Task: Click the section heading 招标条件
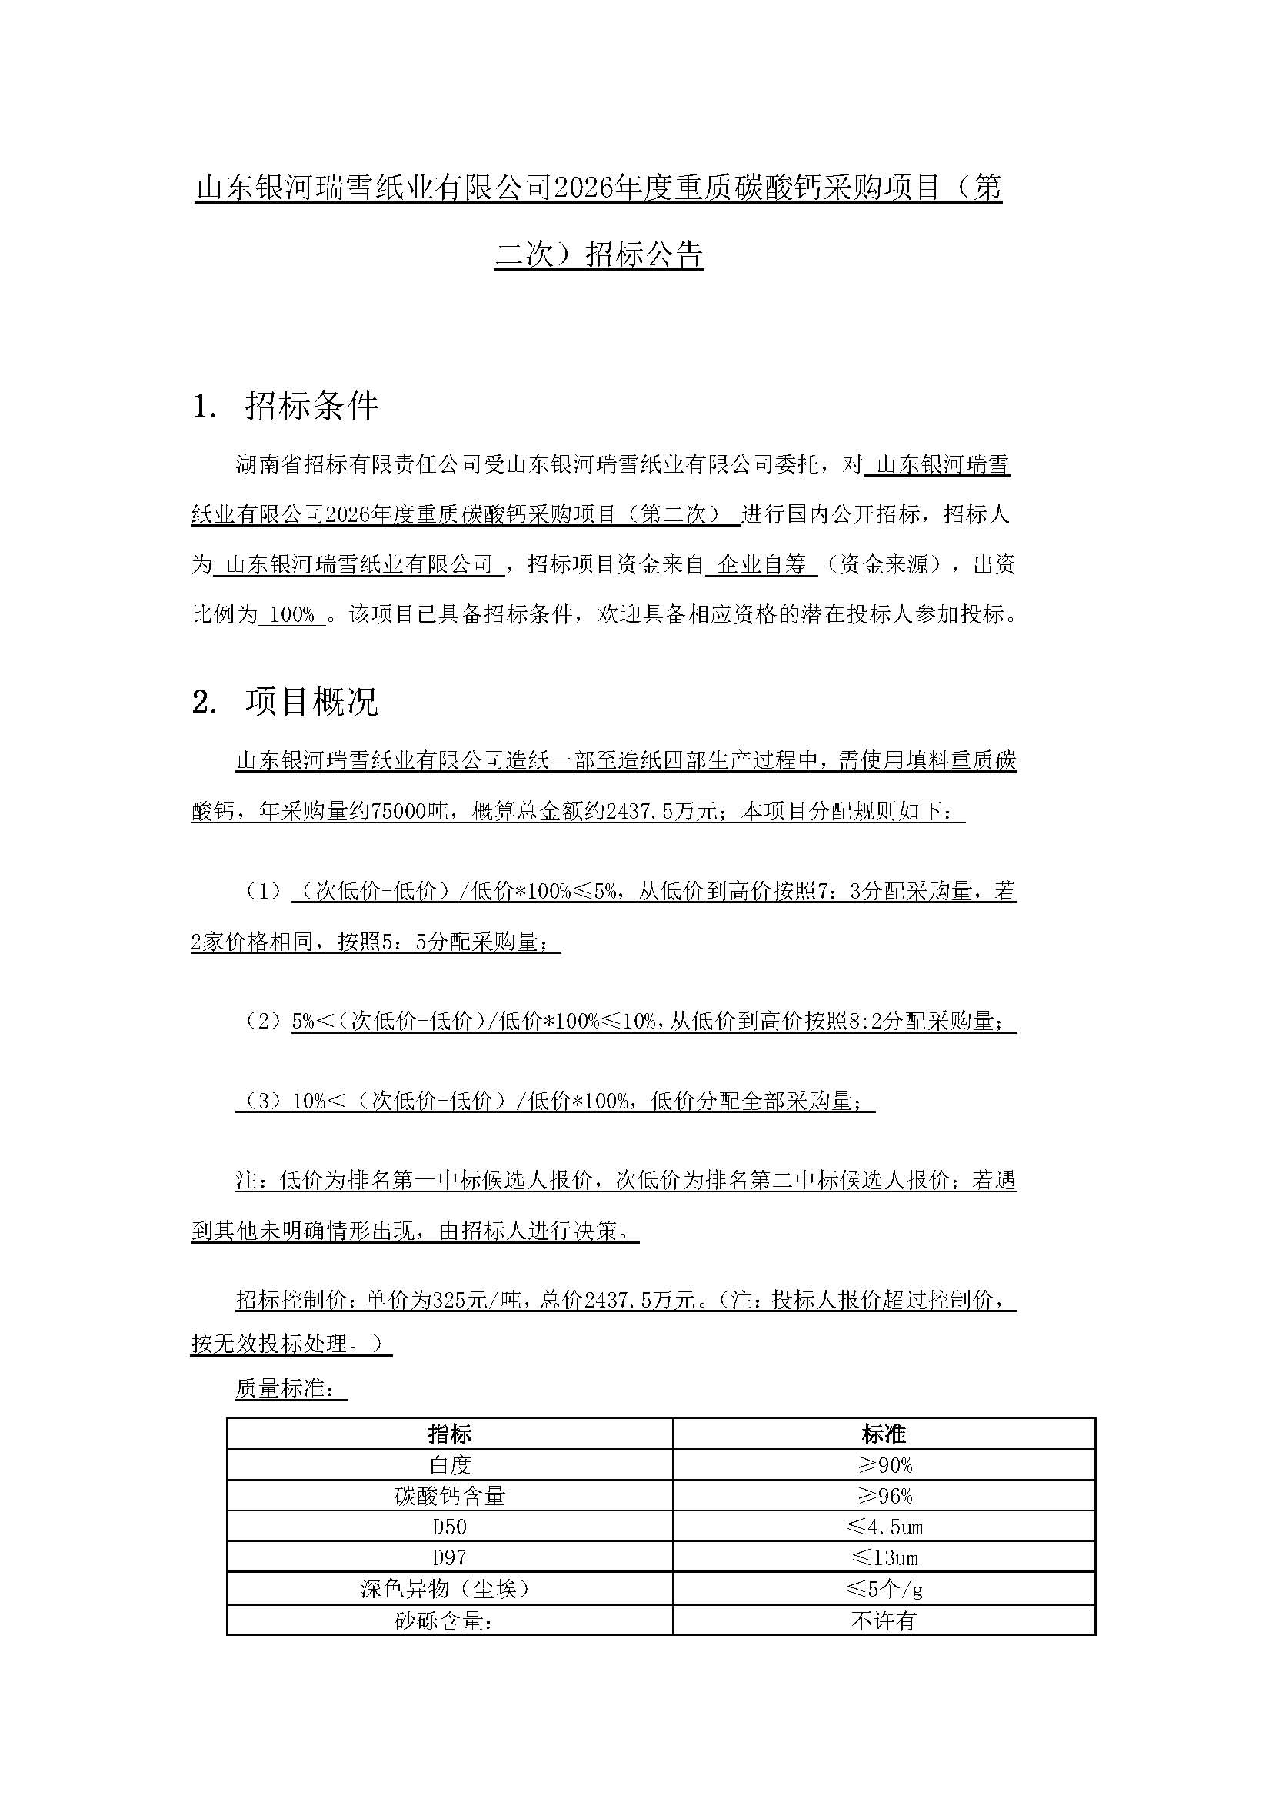(311, 407)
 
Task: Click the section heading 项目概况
(311, 702)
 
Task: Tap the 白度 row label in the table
(449, 1465)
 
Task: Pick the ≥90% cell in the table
(884, 1465)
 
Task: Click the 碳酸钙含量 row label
(449, 1496)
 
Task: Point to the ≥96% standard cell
(884, 1496)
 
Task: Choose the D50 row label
(449, 1527)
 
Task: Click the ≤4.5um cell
(884, 1527)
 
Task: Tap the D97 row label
(449, 1557)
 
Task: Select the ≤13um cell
(884, 1557)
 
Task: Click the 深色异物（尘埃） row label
(449, 1588)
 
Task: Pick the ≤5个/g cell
(884, 1588)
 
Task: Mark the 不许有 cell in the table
(884, 1620)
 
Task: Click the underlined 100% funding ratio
(291, 615)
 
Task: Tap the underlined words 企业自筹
(761, 565)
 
